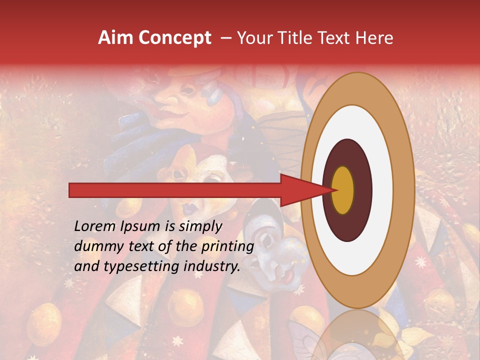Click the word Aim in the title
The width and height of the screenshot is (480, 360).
click(x=114, y=38)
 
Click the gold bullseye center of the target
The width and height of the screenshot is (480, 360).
click(x=343, y=190)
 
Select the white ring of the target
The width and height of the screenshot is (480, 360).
click(x=380, y=190)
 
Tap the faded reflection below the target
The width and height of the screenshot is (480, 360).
click(x=357, y=335)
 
